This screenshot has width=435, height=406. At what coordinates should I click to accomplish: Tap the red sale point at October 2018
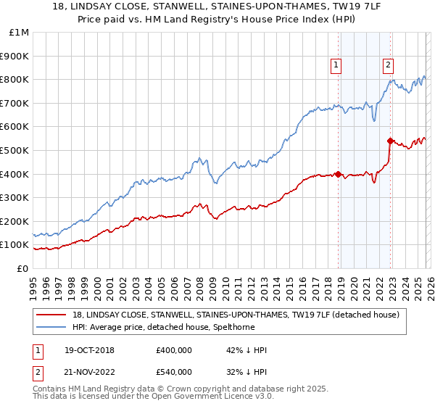click(x=338, y=174)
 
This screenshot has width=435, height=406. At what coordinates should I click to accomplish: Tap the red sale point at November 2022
click(x=391, y=141)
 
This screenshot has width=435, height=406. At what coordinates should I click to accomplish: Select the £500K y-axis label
click(x=16, y=150)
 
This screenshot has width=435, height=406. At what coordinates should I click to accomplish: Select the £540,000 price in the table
click(x=174, y=372)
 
